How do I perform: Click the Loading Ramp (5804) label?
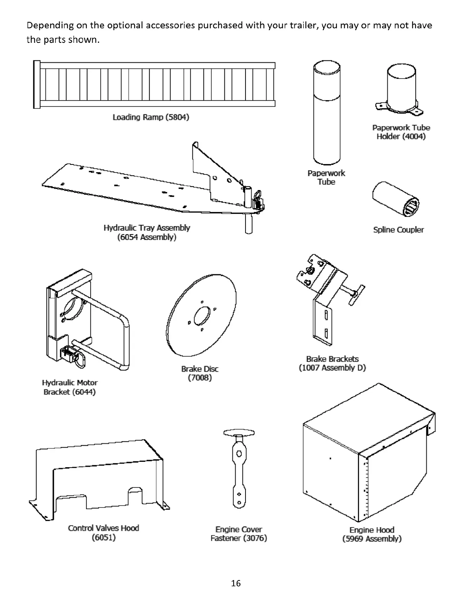(x=151, y=117)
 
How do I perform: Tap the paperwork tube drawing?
(x=326, y=115)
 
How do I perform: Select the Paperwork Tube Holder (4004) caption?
(x=401, y=132)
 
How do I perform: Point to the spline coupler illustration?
(x=396, y=200)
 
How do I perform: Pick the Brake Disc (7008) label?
(x=200, y=373)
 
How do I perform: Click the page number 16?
(x=236, y=583)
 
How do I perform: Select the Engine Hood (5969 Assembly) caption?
(x=372, y=534)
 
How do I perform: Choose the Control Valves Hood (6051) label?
(x=104, y=533)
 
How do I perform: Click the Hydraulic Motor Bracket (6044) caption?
(x=70, y=387)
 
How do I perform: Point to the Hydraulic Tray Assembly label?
(x=147, y=232)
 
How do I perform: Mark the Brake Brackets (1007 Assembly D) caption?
(x=332, y=363)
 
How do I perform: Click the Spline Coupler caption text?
(x=398, y=230)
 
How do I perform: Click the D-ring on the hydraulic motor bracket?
(x=81, y=359)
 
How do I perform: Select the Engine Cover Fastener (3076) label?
(x=239, y=534)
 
